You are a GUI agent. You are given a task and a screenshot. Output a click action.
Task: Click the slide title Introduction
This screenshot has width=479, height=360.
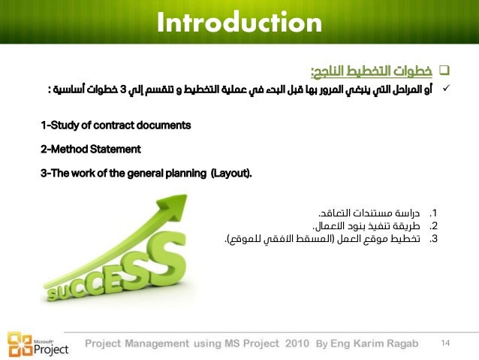239,23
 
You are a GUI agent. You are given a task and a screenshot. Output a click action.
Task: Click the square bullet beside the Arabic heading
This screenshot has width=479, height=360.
443,72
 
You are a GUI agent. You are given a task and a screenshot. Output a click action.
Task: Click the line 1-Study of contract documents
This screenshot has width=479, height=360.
116,124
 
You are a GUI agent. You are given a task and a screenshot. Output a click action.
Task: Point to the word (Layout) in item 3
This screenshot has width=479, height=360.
231,174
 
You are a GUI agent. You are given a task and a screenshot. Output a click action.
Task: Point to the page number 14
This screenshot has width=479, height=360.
445,343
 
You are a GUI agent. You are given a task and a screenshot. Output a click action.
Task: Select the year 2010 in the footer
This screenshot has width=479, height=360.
295,344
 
